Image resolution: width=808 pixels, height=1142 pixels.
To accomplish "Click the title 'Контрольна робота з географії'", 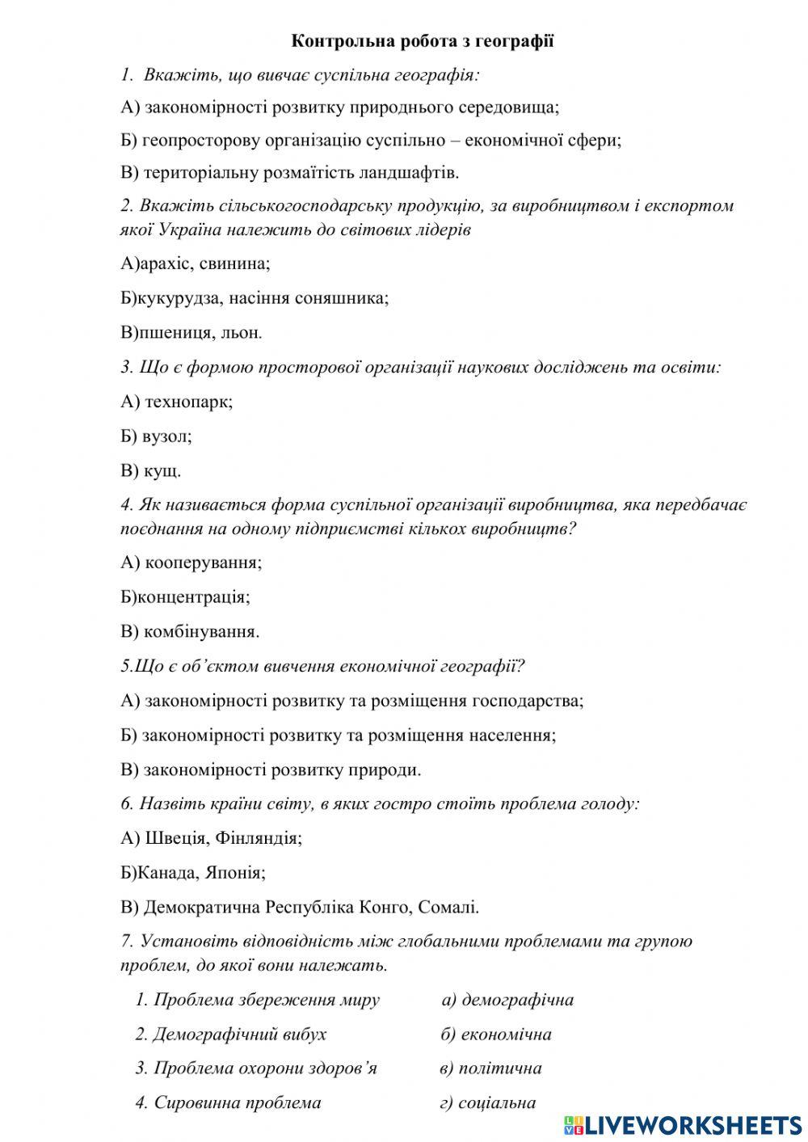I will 422,41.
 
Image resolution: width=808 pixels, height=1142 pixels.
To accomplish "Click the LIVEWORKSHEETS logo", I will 683,1124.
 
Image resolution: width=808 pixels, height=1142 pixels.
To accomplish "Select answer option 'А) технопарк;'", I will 177,401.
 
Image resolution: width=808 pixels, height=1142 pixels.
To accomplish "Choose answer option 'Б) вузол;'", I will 156,436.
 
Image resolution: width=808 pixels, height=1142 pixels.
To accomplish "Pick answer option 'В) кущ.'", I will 151,470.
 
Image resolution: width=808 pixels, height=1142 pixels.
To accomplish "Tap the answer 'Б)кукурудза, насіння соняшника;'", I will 255,297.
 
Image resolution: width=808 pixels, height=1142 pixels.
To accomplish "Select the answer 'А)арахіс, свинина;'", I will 196,263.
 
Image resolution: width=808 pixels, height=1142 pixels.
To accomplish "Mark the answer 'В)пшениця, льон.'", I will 191,332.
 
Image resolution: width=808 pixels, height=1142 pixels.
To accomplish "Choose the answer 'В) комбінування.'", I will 190,631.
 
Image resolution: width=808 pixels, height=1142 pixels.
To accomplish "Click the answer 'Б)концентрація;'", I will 185,596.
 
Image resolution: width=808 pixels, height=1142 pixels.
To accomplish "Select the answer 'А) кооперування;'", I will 191,562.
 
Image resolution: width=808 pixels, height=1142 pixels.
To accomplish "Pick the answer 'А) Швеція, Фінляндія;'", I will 212,838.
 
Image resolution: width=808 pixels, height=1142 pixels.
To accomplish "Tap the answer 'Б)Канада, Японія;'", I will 193,873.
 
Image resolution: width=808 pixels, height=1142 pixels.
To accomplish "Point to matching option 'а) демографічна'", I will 507,1000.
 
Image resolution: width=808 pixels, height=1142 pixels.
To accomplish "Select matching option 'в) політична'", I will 490,1068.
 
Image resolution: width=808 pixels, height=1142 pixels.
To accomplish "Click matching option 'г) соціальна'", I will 488,1102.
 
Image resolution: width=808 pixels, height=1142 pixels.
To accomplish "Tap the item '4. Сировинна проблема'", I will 228,1102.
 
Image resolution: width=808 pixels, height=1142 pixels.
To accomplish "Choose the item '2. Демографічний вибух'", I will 230,1034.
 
